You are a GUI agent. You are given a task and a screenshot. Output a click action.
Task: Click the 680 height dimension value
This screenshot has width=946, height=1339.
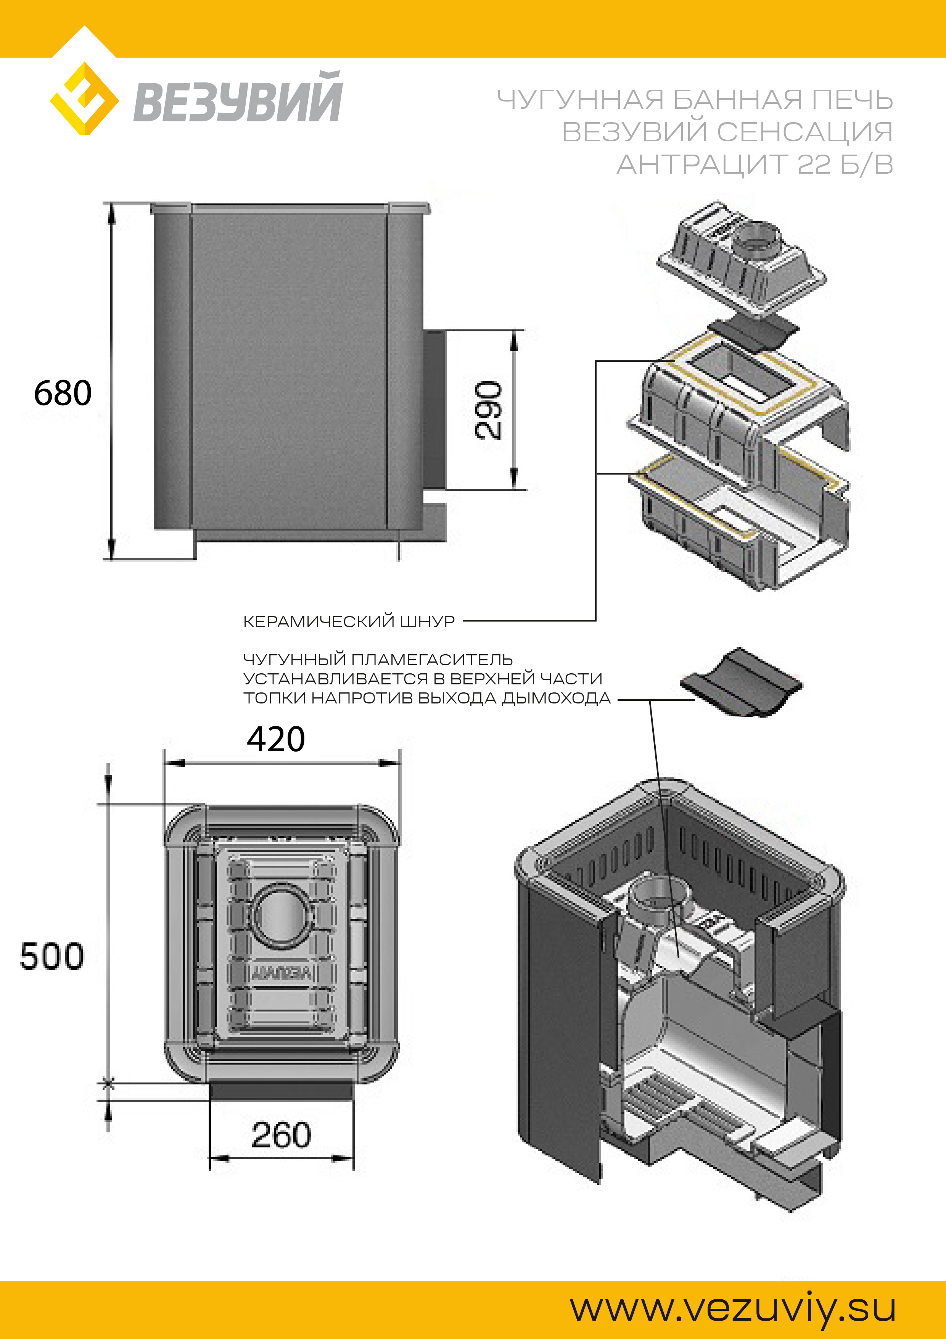point(62,392)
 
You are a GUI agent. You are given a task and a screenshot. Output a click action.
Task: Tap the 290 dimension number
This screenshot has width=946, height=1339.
point(488,410)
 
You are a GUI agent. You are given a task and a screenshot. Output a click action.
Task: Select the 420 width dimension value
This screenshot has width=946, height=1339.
point(276,739)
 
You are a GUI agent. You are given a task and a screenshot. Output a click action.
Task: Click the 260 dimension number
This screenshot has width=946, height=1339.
point(282,1134)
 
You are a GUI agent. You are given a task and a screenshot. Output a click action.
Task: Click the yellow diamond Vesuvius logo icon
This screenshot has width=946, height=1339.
point(85,98)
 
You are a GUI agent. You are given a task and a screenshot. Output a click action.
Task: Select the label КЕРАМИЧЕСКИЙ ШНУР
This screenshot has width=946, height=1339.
point(349,622)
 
